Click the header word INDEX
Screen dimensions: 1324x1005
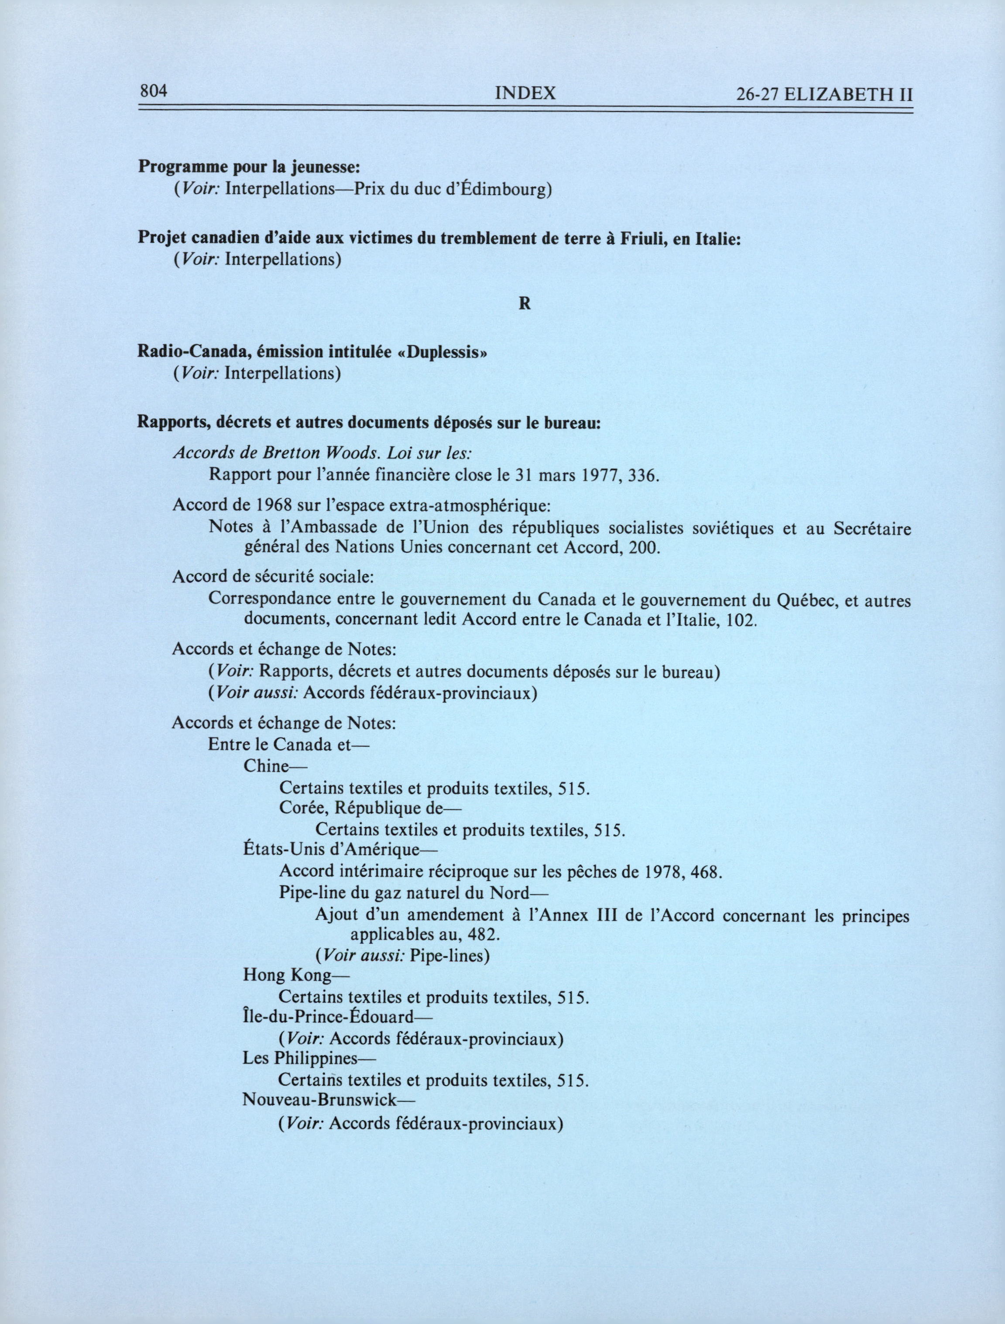coord(525,93)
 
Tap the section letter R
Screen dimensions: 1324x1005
coord(525,303)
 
